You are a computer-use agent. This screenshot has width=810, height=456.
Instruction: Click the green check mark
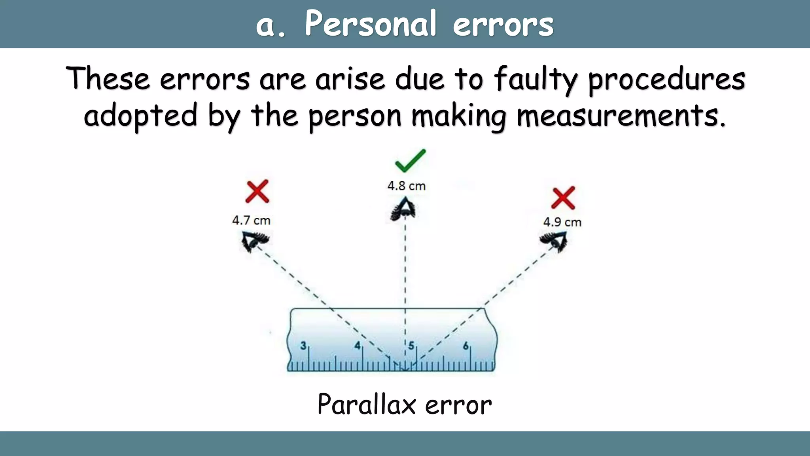coord(411,161)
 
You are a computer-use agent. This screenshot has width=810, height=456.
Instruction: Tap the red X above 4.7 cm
coord(257,192)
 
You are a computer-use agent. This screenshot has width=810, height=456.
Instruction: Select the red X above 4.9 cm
coord(563,198)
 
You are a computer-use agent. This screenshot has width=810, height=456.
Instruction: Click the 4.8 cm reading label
coord(406,186)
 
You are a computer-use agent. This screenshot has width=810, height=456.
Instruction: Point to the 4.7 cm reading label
coord(251,220)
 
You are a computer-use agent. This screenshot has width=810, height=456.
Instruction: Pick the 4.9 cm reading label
coord(562,222)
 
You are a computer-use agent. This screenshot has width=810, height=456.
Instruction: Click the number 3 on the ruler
coord(303,346)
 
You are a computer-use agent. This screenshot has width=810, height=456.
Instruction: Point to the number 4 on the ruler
coord(357,346)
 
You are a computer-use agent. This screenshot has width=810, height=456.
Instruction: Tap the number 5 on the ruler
coord(411,346)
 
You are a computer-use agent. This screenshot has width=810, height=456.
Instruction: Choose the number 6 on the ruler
coord(466,346)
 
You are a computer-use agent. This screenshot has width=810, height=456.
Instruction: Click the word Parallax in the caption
coord(367,405)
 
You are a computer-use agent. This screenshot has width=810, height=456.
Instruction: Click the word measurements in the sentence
coord(621,116)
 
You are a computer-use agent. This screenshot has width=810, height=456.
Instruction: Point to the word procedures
coord(666,79)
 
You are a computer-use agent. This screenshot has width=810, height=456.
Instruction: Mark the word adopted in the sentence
coord(140,116)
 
